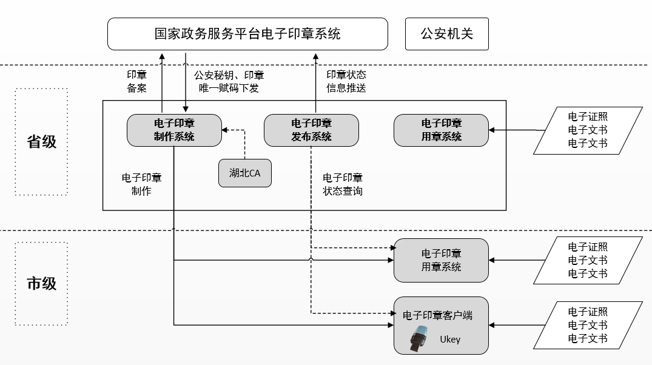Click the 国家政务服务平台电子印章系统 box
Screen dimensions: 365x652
[x=247, y=33]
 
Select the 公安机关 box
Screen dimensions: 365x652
[x=446, y=34]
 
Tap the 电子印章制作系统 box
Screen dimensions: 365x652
[x=174, y=130]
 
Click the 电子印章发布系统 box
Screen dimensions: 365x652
[x=311, y=130]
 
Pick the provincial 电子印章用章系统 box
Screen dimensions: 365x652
[x=441, y=130]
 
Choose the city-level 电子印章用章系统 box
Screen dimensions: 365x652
[x=441, y=260]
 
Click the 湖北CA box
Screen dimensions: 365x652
[x=244, y=173]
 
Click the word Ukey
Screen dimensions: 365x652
[x=450, y=340]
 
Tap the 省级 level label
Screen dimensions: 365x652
[x=42, y=141]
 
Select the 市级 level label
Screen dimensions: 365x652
[x=42, y=283]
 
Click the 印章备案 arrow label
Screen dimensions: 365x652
[x=137, y=81]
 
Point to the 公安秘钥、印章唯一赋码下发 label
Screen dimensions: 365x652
[x=229, y=81]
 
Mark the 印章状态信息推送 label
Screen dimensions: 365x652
[x=346, y=81]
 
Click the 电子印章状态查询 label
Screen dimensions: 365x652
[x=343, y=184]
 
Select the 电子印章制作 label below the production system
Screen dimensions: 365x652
[x=141, y=184]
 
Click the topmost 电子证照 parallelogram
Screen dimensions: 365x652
[x=587, y=130]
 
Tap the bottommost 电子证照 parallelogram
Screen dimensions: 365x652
[x=587, y=325]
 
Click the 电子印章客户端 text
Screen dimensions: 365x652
[x=437, y=315]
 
